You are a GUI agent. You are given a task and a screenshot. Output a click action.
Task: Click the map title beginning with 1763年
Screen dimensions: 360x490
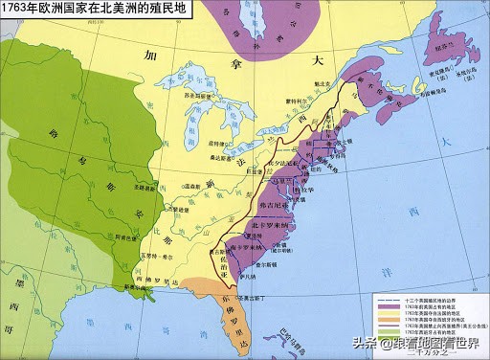(x=95, y=9)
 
